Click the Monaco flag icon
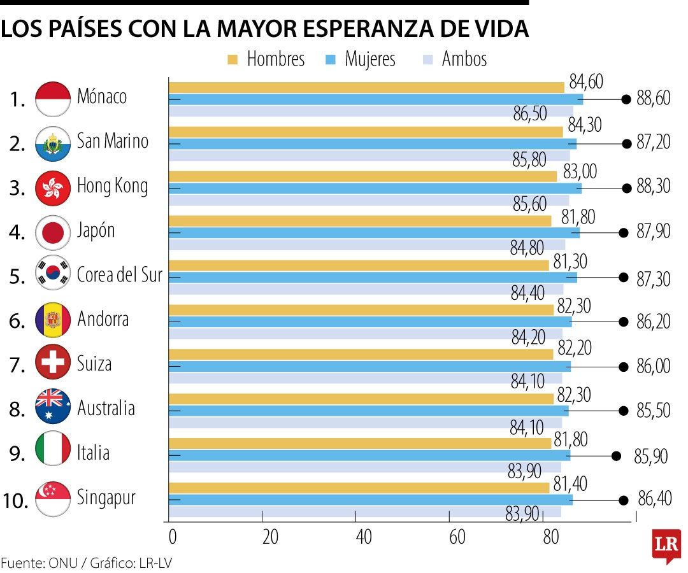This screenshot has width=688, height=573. (53, 99)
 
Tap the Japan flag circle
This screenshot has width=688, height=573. (53, 232)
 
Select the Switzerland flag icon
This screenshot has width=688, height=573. (53, 363)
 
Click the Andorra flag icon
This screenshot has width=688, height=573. (53, 319)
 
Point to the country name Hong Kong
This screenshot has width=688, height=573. (112, 186)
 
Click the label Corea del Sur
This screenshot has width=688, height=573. (119, 275)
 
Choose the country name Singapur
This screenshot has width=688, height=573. (106, 497)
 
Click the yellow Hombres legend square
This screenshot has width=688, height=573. (232, 60)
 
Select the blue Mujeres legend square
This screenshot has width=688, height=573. (330, 60)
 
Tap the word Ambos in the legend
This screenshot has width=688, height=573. (464, 59)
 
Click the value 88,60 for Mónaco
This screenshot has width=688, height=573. (654, 99)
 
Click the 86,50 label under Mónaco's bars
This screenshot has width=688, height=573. (530, 114)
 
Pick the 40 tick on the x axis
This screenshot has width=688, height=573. (364, 537)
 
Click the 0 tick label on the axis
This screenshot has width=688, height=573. (172, 537)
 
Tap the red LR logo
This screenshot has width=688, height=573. (666, 544)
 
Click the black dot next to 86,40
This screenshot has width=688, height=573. (624, 500)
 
